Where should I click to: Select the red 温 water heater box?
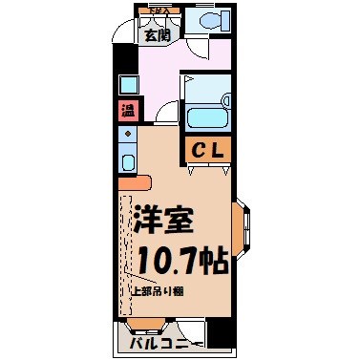point(128,109)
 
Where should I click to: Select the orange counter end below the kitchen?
point(134,181)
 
